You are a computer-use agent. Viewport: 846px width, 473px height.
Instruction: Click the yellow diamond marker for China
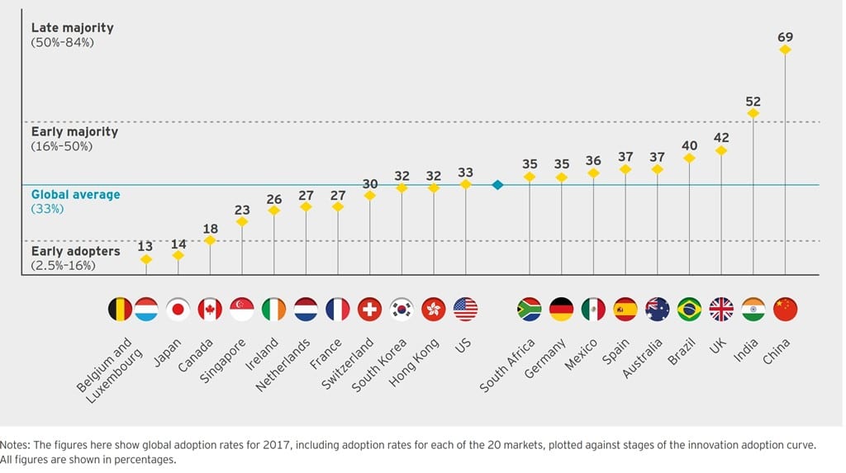coord(785,50)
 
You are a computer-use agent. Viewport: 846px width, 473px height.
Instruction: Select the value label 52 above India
coord(753,102)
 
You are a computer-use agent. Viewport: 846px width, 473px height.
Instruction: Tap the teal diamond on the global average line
coord(497,185)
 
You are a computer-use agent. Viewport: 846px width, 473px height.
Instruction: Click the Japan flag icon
coord(178,310)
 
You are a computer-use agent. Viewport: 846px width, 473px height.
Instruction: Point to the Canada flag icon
coord(210,310)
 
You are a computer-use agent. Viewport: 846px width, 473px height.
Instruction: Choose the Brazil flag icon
coord(689,310)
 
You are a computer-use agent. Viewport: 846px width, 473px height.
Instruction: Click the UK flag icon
coord(721,310)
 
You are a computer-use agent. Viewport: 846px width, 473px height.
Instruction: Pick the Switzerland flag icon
coord(369,310)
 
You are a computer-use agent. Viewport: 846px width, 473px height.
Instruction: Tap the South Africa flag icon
coord(529,310)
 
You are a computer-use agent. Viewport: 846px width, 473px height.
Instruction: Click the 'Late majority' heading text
coord(73,28)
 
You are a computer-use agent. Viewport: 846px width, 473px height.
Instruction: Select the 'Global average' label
coord(75,195)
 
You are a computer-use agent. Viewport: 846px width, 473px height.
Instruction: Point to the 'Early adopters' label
coord(75,251)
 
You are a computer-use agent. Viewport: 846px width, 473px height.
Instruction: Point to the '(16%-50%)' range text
coord(63,146)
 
